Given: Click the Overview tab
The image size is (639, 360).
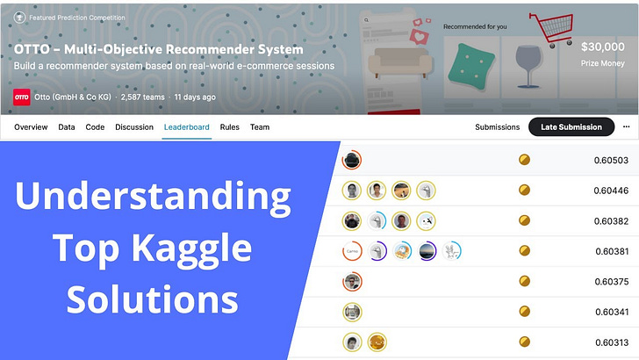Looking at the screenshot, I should [31, 127].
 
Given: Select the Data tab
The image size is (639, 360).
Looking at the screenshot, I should [67, 127].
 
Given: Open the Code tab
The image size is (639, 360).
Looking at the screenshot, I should [95, 127].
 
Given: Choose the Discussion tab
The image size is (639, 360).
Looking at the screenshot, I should [134, 127].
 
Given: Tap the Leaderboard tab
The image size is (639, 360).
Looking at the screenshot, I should [186, 127].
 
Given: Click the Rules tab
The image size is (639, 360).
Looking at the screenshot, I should [230, 127].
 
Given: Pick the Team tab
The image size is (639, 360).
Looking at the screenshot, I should [260, 127].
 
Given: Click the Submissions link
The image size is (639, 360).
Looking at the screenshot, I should [498, 127].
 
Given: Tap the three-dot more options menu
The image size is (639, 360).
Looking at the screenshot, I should [626, 126].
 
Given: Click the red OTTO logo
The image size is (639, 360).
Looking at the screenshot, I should [21, 97].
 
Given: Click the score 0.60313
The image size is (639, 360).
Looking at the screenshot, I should [611, 342].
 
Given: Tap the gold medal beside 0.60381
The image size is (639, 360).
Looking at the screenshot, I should [524, 251].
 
